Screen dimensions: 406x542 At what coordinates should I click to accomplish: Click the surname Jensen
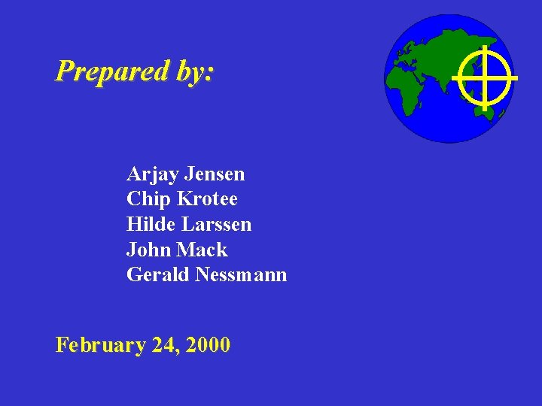coord(215,174)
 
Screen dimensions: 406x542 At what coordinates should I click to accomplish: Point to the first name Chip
coord(149,199)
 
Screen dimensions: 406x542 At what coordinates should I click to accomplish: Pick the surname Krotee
coord(207,199)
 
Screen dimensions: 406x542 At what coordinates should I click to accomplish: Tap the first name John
coord(149,250)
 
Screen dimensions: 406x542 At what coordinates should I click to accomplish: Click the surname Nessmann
coord(242,275)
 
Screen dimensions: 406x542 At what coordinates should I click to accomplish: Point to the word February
coord(100,345)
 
